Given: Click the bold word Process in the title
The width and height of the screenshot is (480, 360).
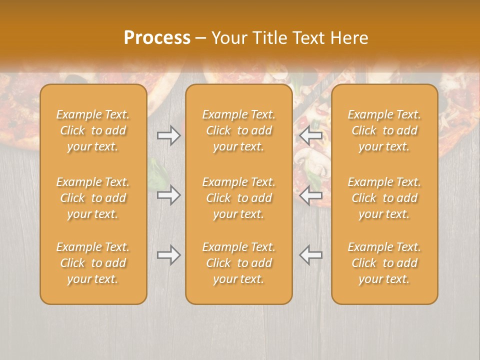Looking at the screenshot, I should [x=157, y=38].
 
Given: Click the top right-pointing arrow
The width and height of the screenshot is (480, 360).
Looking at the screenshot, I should [x=168, y=135].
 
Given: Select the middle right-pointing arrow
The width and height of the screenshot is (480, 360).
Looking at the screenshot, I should [x=168, y=194].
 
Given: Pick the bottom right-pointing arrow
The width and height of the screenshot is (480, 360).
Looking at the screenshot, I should [x=168, y=255].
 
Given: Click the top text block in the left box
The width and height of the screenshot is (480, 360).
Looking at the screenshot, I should [x=93, y=130].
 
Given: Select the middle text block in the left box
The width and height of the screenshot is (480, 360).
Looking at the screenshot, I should [x=93, y=198].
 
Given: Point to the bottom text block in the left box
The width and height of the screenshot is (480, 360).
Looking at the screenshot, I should [x=93, y=263].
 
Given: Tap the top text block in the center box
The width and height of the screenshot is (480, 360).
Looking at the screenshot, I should [x=238, y=130].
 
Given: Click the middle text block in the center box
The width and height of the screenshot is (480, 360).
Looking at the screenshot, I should [x=238, y=198].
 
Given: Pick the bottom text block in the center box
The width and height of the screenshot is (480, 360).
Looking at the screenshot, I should [x=238, y=263].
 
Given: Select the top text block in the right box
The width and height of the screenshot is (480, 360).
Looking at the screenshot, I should [x=384, y=130].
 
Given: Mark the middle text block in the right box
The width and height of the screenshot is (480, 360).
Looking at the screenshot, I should [x=384, y=198].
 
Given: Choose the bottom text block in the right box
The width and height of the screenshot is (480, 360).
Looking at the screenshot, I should [x=384, y=263].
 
